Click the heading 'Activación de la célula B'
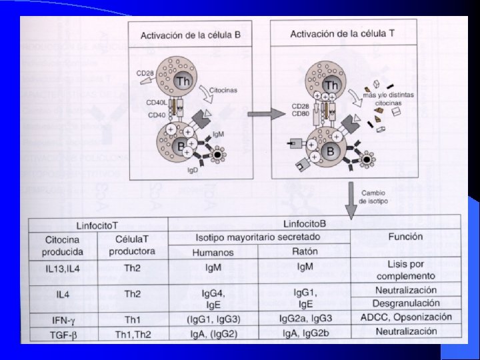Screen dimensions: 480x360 [191, 35]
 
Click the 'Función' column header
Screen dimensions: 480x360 [407, 237]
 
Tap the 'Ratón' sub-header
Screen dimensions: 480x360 [305, 251]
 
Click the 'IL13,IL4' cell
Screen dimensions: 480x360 [63, 269]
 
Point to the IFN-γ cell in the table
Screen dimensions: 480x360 [63, 319]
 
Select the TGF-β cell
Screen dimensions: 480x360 [63, 332]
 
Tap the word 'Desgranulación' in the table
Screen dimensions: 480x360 [406, 303]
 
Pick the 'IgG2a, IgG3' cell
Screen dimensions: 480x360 [305, 318]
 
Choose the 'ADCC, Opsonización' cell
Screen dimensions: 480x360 [406, 317]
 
